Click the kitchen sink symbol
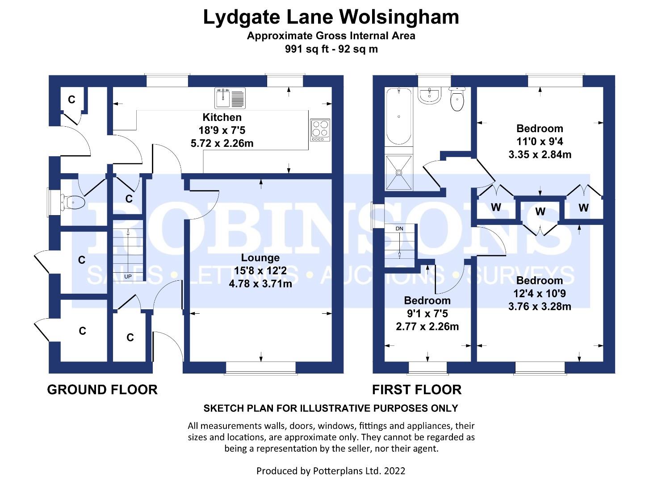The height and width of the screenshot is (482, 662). pos(230,98)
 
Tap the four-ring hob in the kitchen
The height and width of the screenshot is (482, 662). pos(320,130)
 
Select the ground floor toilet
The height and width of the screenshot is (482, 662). pos(73,203)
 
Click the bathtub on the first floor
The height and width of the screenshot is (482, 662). pos(399,116)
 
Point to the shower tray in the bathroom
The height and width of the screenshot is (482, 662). pos(399,172)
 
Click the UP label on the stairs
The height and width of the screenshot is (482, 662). pos(128,277)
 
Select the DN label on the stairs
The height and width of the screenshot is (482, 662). pos(399,229)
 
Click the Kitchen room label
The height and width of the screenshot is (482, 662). pos(222,117)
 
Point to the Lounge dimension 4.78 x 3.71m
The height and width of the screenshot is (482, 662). pos(260,284)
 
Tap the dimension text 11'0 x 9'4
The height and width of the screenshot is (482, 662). pos(540,141)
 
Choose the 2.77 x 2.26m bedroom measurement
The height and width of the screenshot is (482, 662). pos(427,326)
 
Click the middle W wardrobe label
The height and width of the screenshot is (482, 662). pos(540,212)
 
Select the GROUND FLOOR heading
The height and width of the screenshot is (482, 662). pos(102,390)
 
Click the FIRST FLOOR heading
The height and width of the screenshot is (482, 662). pos(417,390)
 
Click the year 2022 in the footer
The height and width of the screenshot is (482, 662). pos(394,471)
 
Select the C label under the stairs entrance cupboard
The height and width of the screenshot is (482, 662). pos(130,337)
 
